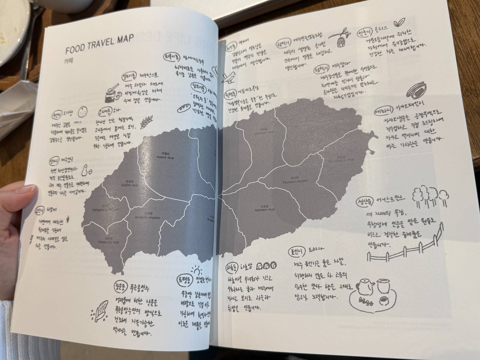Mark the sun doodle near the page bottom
(x=196, y=272)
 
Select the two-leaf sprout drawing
(x=398, y=23)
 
